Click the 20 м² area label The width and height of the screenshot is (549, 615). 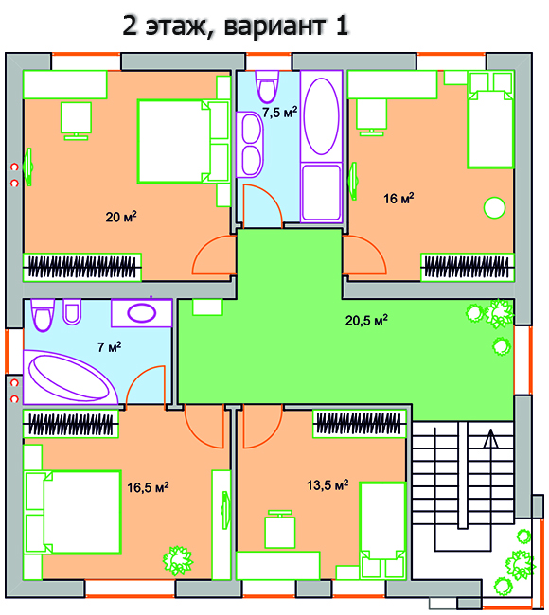[x=121, y=217]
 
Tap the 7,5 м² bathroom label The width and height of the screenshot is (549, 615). [x=280, y=113]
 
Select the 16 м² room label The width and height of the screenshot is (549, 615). [x=398, y=198]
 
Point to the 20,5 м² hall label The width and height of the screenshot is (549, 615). [x=366, y=320]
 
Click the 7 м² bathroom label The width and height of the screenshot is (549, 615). [x=110, y=346]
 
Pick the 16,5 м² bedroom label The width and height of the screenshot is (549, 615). [x=148, y=487]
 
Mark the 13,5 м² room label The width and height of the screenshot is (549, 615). [x=328, y=485]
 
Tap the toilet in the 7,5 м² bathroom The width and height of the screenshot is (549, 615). [x=267, y=87]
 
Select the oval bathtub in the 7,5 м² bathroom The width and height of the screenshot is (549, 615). [x=322, y=116]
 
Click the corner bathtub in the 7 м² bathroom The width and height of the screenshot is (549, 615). [x=71, y=378]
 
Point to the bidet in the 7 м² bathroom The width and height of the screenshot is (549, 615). [x=72, y=311]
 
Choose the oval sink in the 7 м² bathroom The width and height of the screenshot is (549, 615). [x=142, y=313]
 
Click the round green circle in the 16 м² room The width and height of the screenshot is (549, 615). [x=494, y=207]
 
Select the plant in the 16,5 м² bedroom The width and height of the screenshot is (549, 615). [x=178, y=560]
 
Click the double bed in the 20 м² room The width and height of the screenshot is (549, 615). [x=183, y=142]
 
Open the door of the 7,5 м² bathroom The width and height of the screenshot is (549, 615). [x=262, y=205]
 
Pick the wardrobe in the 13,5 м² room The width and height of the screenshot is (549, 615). [x=359, y=424]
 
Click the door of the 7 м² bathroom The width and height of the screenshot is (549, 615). [x=146, y=385]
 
